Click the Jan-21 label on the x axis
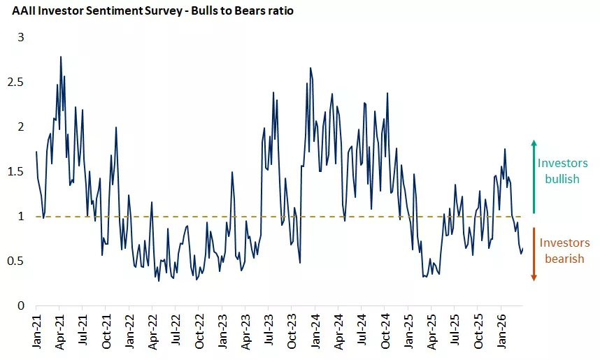click(x=36, y=329)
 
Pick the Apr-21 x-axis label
click(x=59, y=329)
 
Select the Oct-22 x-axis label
click(x=199, y=329)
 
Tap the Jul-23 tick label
click(x=269, y=329)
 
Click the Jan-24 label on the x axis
click(x=315, y=329)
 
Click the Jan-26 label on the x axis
click(x=501, y=329)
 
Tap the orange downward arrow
click(x=534, y=254)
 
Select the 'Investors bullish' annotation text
click(x=563, y=171)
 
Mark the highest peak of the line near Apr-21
click(x=61, y=57)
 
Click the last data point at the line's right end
click(x=522, y=249)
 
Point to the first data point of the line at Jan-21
click(x=36, y=152)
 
